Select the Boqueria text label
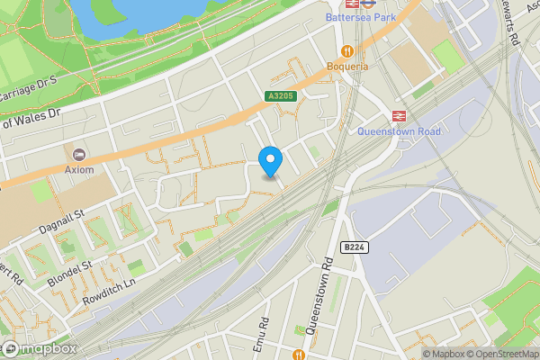(347, 67)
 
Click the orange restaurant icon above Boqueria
(347, 50)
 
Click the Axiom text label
(78, 168)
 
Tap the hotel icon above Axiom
(78, 153)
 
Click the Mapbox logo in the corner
(38, 348)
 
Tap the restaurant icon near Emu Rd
(299, 355)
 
